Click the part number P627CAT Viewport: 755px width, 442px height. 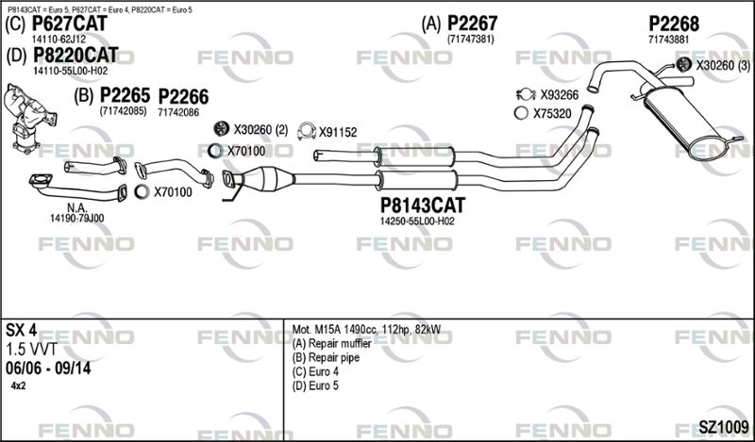(x=69, y=24)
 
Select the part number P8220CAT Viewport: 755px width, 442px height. (x=75, y=56)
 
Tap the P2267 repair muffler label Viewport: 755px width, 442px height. (x=473, y=23)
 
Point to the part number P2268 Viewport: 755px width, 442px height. (x=674, y=23)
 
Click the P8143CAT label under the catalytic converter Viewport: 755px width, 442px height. (x=423, y=205)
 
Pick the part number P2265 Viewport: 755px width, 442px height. (x=125, y=95)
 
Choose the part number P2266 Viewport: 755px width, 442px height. (x=183, y=97)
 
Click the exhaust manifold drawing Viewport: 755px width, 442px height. (x=28, y=118)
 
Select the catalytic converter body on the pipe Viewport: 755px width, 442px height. (x=268, y=178)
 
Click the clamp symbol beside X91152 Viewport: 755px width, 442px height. (x=306, y=131)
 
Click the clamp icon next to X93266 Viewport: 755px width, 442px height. (x=526, y=95)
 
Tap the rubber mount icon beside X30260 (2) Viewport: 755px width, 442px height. (x=222, y=129)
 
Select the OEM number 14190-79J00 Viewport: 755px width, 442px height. (x=76, y=219)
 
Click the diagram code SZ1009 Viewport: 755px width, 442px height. (x=723, y=427)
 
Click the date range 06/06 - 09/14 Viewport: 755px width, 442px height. (x=48, y=368)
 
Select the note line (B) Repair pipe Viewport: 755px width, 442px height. (x=326, y=358)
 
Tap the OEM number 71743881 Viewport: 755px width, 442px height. (x=669, y=40)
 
